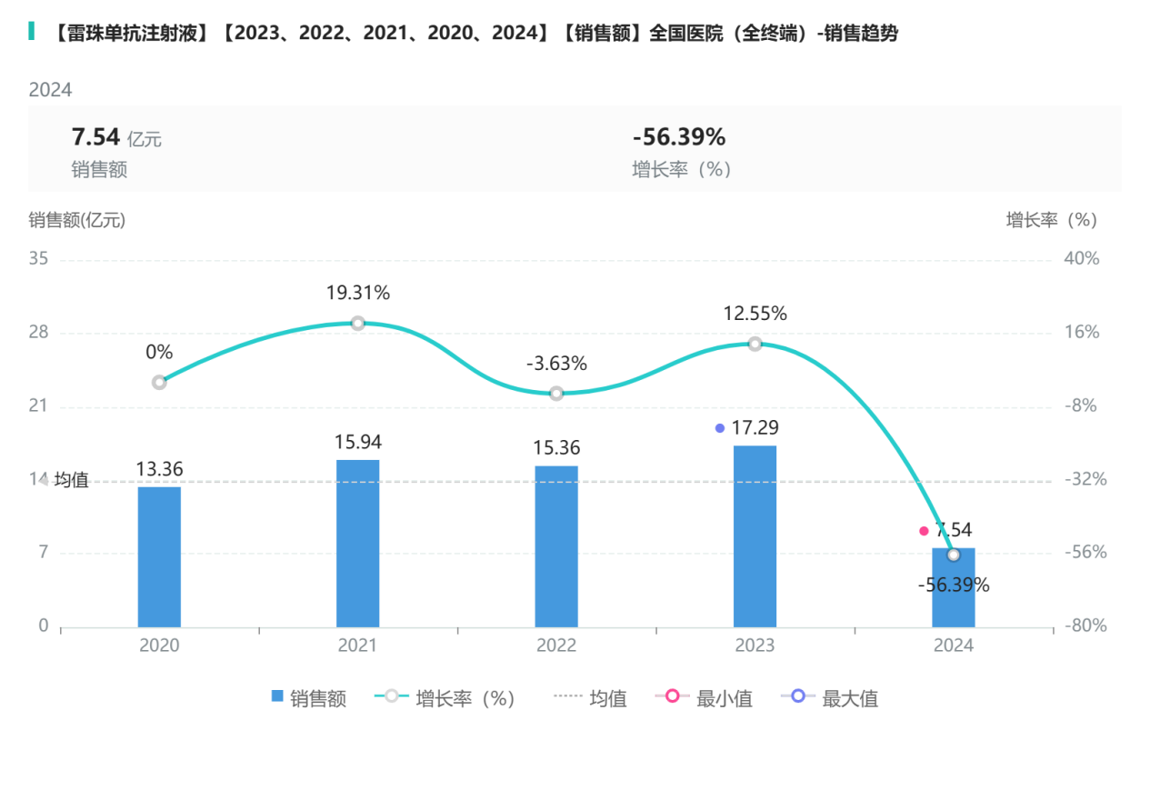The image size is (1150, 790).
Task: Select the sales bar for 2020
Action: click(159, 556)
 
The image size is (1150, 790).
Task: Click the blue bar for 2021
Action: click(358, 543)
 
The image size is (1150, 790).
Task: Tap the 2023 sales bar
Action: click(755, 536)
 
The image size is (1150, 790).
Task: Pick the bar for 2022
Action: click(556, 546)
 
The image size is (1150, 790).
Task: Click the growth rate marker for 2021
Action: click(358, 324)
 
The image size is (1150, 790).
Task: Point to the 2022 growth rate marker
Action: click(556, 393)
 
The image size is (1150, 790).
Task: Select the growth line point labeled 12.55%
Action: click(755, 344)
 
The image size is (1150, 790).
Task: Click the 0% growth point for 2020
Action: click(159, 382)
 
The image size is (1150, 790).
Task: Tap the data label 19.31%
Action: click(358, 294)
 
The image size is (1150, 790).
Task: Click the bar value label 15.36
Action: click(556, 448)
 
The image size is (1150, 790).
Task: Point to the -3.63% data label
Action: click(556, 364)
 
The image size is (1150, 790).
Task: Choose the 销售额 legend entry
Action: click(309, 698)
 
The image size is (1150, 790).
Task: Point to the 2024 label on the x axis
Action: click(953, 645)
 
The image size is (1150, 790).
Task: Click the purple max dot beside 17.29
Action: click(720, 428)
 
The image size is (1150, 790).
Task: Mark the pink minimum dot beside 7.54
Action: click(924, 531)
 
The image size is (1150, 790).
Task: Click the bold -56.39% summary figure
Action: click(678, 137)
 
